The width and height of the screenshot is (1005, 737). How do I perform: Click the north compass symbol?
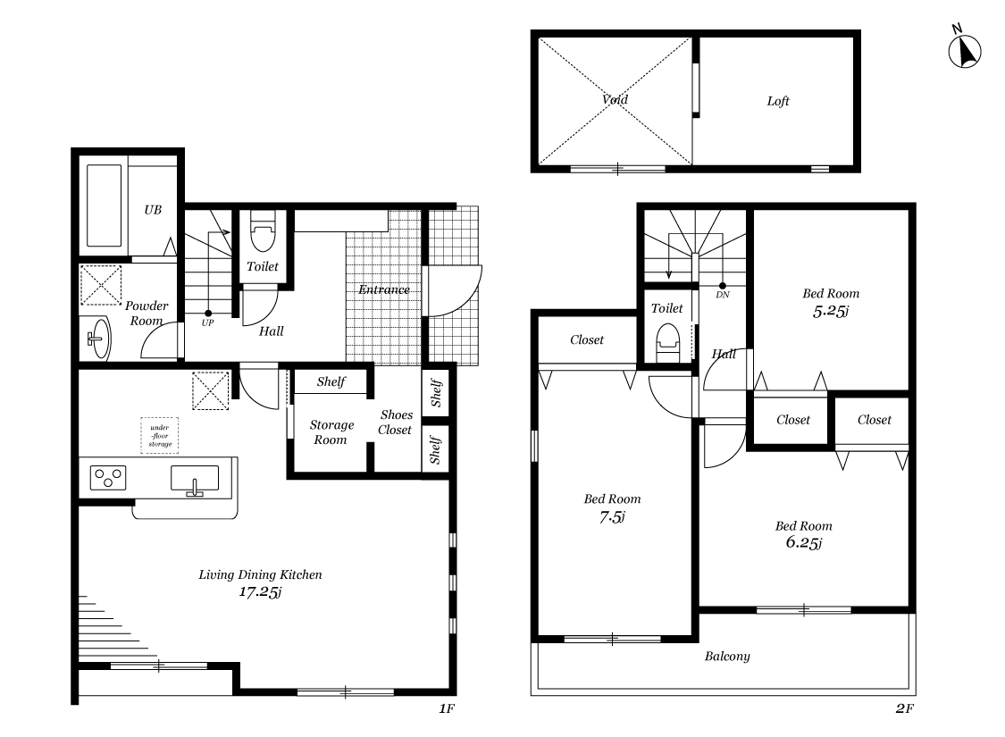point(965,51)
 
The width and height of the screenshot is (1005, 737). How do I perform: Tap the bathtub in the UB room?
point(104,205)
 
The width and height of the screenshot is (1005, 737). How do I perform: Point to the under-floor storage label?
point(160,436)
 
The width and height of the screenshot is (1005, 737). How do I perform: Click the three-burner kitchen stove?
point(108,478)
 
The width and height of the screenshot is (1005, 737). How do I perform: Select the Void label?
point(615,99)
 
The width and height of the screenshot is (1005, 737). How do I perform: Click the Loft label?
point(778,101)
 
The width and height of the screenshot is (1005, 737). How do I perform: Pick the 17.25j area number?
point(260,591)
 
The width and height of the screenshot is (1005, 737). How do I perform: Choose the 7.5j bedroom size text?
point(612,516)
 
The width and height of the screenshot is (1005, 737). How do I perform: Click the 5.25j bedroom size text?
point(830,312)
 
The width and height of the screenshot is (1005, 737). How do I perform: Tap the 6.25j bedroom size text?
point(803,543)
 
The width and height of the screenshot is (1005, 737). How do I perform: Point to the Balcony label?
point(727,657)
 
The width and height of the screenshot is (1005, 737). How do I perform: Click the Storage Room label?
point(331,432)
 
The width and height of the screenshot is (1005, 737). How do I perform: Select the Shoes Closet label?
point(396,423)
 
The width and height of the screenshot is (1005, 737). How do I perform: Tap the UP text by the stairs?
point(207,323)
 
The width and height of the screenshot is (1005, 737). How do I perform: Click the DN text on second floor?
point(723,295)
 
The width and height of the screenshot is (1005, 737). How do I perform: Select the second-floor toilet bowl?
point(667,342)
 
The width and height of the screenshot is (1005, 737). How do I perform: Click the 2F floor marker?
point(904,708)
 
